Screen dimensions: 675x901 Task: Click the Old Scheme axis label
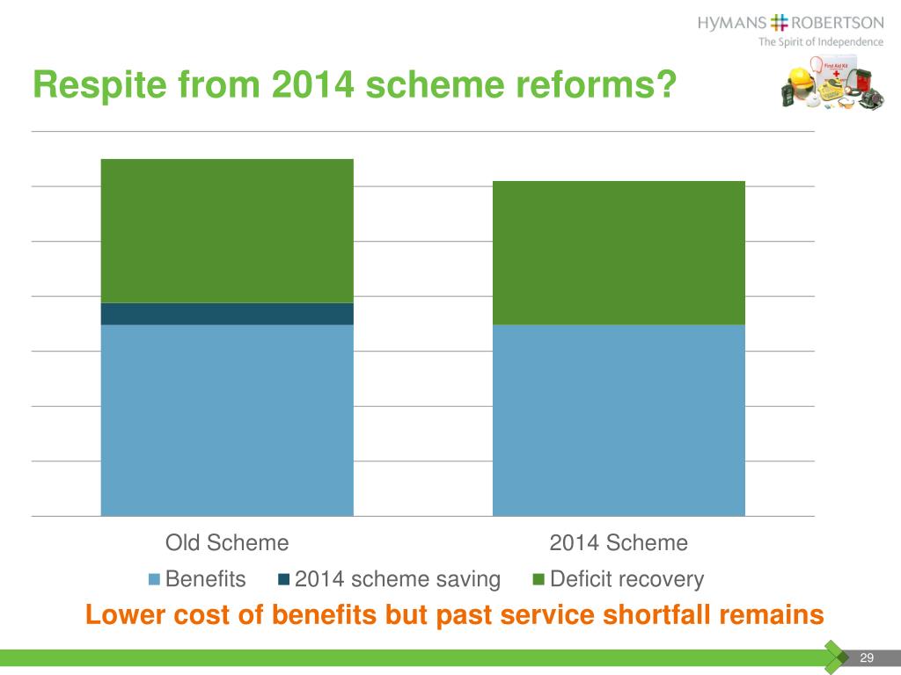pyautogui.click(x=227, y=543)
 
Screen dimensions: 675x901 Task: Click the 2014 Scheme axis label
pyautogui.click(x=619, y=543)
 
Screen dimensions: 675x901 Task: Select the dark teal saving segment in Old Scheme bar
pyautogui.click(x=227, y=314)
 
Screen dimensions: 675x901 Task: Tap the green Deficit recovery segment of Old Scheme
pyautogui.click(x=227, y=230)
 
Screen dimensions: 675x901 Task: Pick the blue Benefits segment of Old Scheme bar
pyautogui.click(x=227, y=420)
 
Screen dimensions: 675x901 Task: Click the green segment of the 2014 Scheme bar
pyautogui.click(x=619, y=252)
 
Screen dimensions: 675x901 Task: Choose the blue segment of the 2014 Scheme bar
pyautogui.click(x=619, y=420)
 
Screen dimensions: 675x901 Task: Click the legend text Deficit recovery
pyautogui.click(x=626, y=580)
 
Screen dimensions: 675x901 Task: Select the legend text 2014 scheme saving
pyautogui.click(x=397, y=580)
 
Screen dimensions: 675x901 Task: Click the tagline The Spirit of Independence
pyautogui.click(x=821, y=42)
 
